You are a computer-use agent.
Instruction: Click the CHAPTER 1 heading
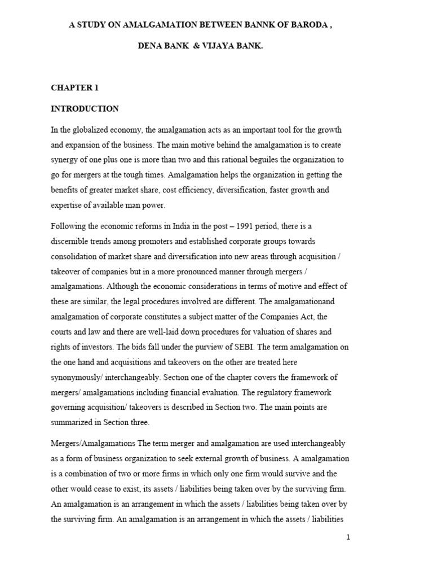74,87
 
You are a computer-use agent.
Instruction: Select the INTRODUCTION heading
85,108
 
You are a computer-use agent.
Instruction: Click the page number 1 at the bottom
348,537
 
